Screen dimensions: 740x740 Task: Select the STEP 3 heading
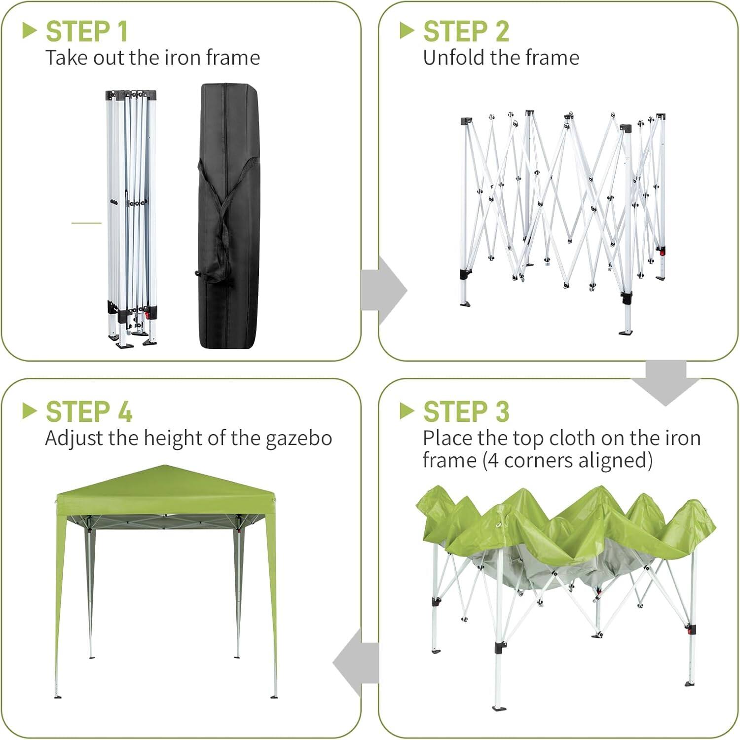pos(466,412)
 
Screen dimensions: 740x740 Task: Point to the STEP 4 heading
pos(89,412)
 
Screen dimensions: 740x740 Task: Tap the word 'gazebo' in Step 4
pos(298,439)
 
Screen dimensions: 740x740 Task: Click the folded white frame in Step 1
pos(131,217)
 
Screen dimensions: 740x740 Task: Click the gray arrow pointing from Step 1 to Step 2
pos(384,291)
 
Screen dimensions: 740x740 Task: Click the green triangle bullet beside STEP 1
pos(30,31)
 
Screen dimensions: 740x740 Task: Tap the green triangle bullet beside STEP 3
pos(407,411)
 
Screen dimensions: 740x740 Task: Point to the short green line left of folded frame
pos(86,223)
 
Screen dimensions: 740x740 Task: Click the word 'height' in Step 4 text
pos(173,439)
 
